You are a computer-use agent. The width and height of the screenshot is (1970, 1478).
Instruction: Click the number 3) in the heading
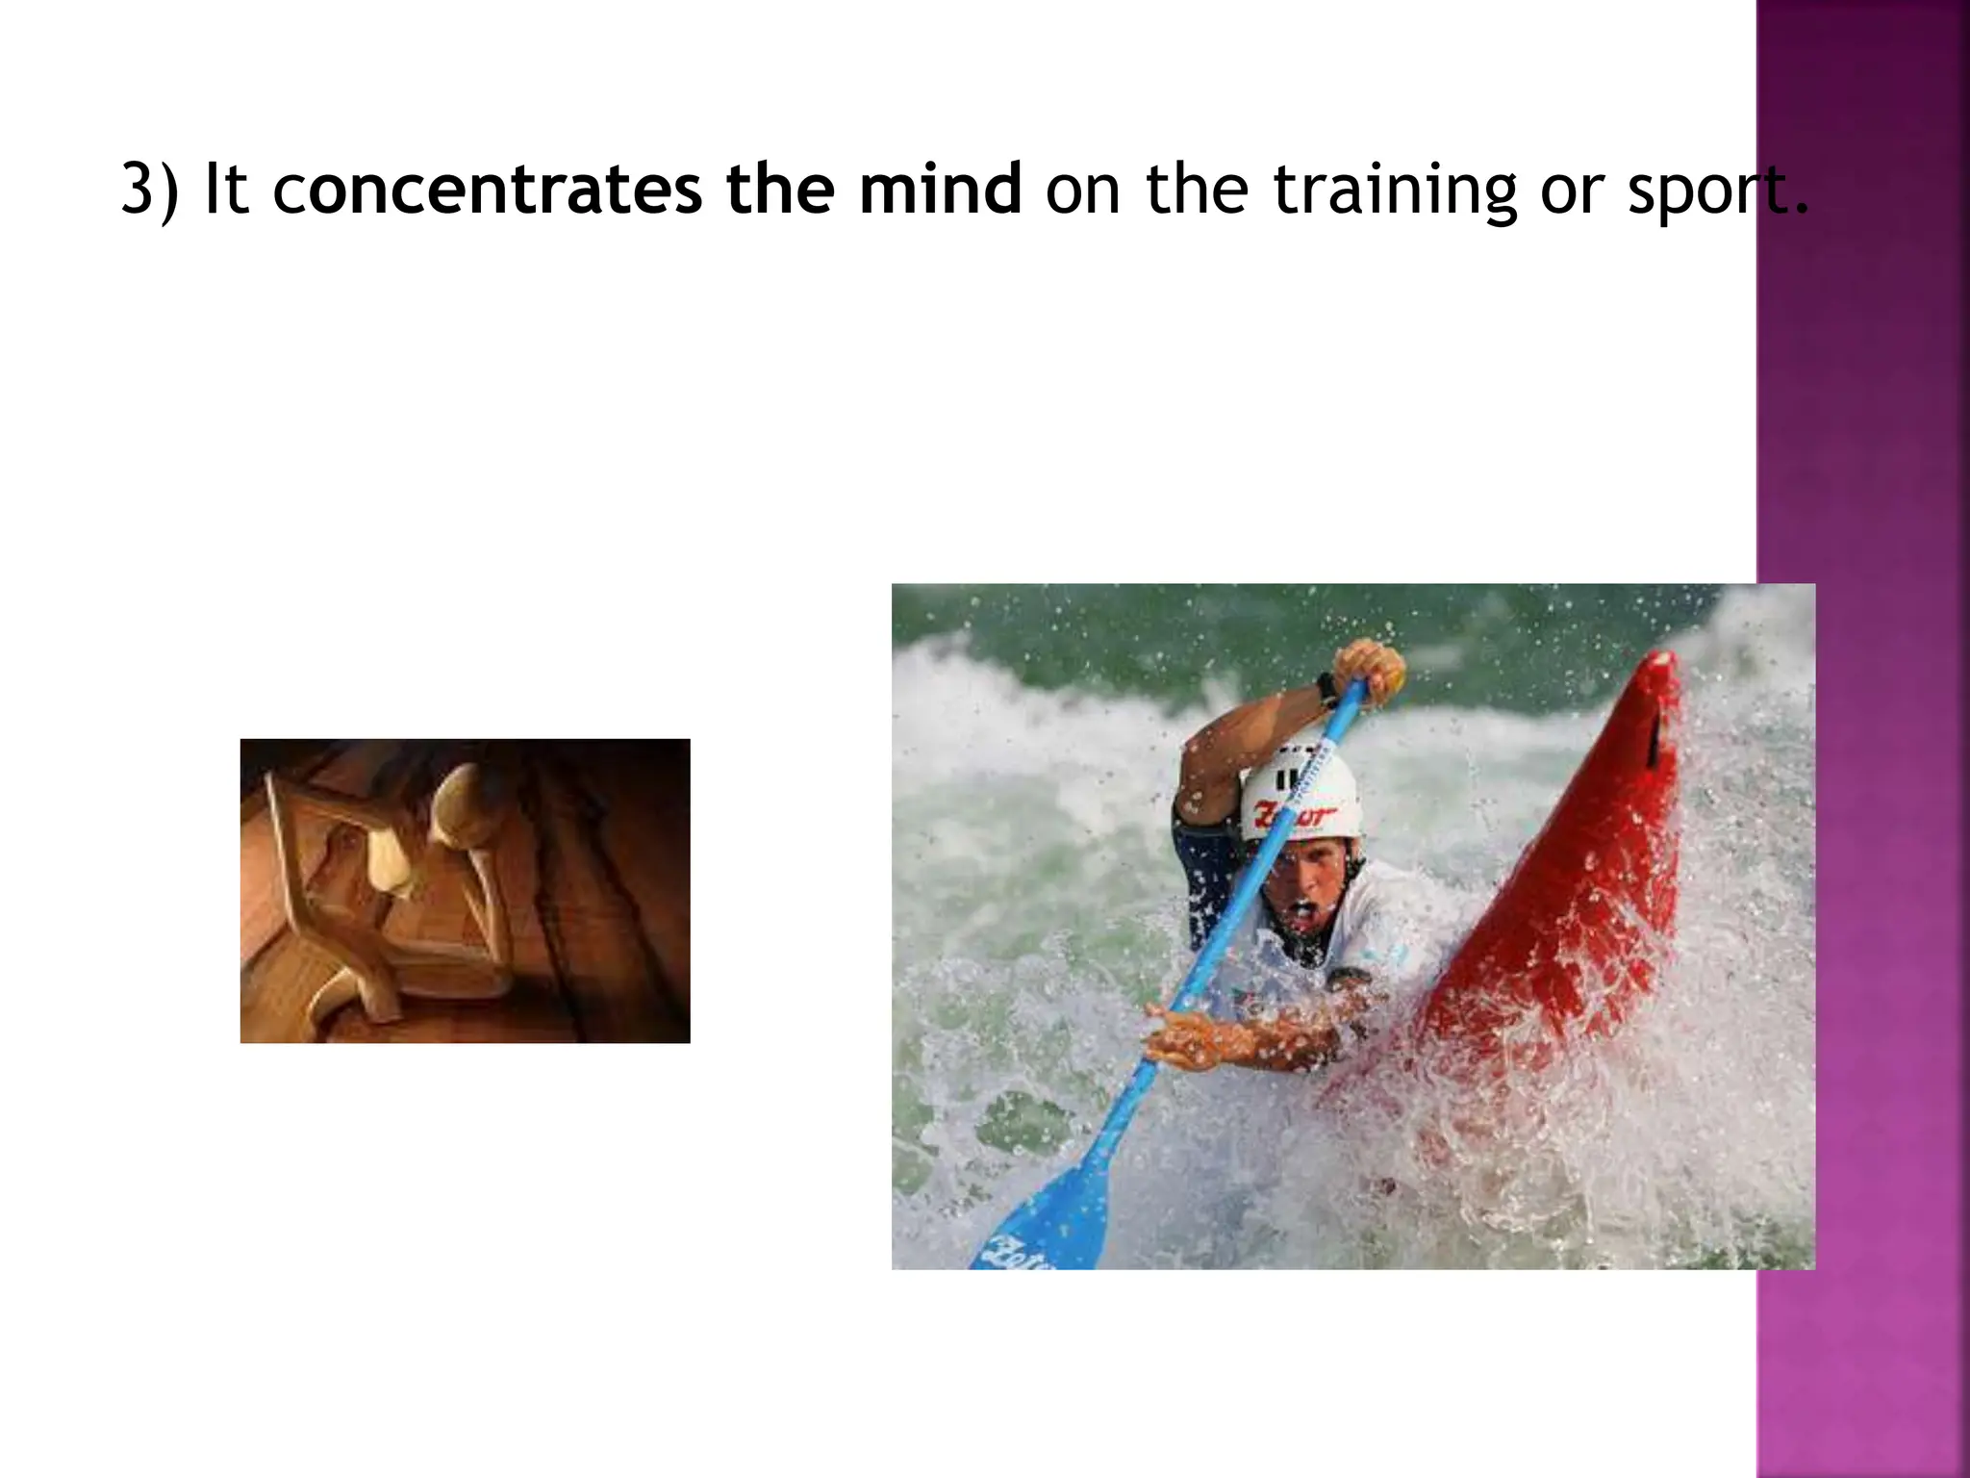click(x=150, y=190)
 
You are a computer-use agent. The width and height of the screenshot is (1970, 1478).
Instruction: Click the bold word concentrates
click(x=488, y=190)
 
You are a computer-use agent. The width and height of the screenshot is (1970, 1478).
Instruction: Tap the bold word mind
click(x=940, y=190)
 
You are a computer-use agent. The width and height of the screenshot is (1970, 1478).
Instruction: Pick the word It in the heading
click(x=227, y=190)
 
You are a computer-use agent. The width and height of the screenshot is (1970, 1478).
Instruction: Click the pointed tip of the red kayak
click(x=1661, y=664)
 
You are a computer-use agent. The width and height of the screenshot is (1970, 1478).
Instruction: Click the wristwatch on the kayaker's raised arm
click(x=1328, y=689)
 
